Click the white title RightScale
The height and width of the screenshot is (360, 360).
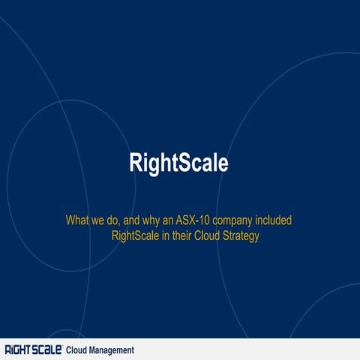coord(178,163)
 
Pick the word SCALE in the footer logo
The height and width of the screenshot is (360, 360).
coord(46,349)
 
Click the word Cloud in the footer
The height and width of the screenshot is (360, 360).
coord(77,350)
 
